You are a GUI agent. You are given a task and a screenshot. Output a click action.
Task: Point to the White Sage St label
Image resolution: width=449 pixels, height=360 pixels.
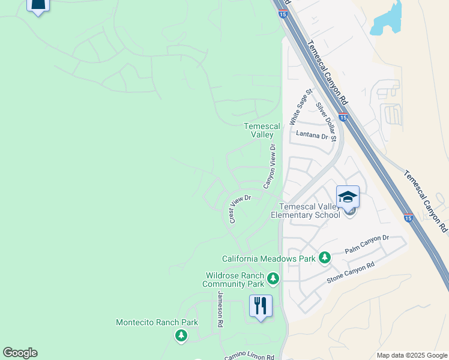pyautogui.click(x=300, y=107)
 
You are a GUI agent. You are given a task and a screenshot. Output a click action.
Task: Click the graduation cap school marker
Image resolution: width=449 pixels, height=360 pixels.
pyautogui.click(x=348, y=196)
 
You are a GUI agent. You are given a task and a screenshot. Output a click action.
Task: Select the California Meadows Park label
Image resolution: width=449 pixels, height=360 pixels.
pyautogui.click(x=268, y=259)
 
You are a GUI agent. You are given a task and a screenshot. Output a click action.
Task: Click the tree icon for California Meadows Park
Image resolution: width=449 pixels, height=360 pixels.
pyautogui.click(x=325, y=257)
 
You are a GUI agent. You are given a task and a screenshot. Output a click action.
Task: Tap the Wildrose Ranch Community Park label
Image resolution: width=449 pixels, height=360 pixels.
pyautogui.click(x=235, y=280)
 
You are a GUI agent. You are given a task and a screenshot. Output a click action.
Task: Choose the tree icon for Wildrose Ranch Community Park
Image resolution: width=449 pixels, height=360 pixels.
pyautogui.click(x=273, y=278)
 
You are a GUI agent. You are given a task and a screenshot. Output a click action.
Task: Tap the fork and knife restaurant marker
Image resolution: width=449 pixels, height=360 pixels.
pyautogui.click(x=261, y=305)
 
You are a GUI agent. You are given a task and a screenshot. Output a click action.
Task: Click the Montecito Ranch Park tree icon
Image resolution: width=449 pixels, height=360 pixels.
pyautogui.click(x=181, y=336)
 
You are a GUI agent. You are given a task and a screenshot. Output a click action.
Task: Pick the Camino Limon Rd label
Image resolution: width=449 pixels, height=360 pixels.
pyautogui.click(x=249, y=355)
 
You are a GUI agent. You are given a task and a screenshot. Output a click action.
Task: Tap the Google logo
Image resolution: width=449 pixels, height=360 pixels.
pyautogui.click(x=20, y=353)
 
